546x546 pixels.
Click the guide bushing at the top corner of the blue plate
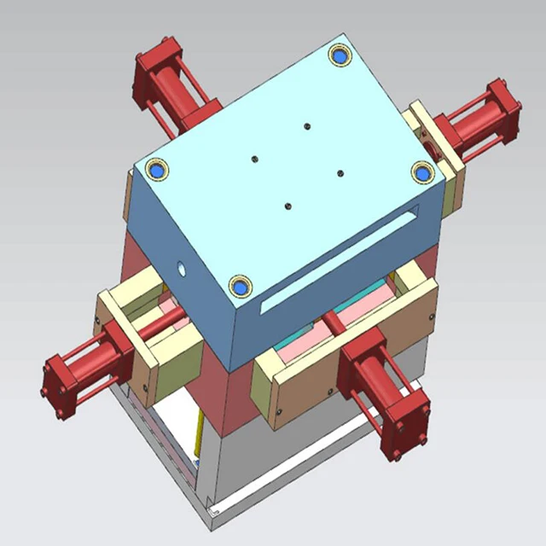(x=340, y=56)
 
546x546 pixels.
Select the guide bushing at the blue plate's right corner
(x=422, y=172)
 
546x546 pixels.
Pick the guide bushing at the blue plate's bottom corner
(x=240, y=286)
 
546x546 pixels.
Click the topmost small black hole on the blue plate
(x=306, y=126)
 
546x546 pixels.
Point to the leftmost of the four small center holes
(x=254, y=158)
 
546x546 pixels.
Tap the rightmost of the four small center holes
(x=340, y=173)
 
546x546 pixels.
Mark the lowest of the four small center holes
(x=288, y=206)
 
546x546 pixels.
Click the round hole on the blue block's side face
(x=181, y=267)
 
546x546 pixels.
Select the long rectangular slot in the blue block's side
(x=341, y=256)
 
